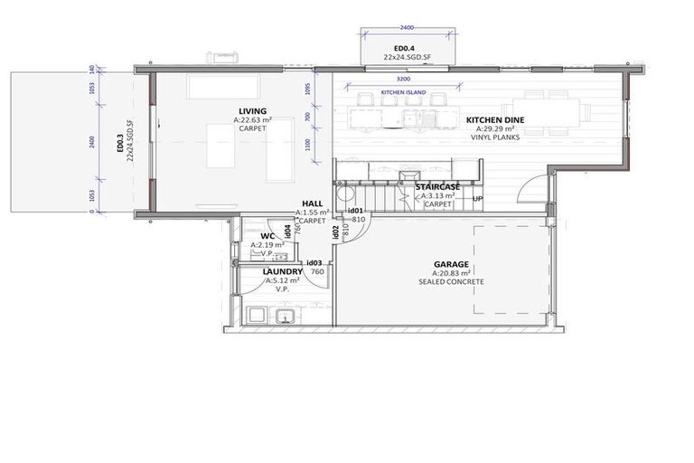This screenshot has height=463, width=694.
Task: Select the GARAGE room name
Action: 452,264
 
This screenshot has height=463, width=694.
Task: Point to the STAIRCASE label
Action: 437,186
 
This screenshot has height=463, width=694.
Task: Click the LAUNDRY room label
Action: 282,271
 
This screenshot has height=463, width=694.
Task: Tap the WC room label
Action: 267,236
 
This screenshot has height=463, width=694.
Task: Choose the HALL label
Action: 312,204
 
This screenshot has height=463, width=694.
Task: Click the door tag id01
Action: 356,211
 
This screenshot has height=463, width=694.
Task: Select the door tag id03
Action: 315,262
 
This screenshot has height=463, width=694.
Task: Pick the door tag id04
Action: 287,232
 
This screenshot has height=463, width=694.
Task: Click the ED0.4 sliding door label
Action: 404,49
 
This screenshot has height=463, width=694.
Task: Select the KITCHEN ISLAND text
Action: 404,93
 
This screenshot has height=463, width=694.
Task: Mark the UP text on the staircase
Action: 478,199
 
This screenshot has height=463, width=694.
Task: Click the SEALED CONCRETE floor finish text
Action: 451,282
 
